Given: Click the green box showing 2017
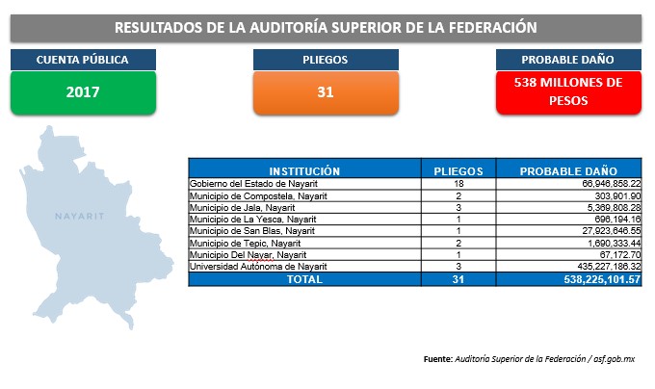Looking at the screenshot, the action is [x=83, y=92].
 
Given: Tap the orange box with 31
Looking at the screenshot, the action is [x=326, y=92].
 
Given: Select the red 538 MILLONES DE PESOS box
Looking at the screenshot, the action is [x=568, y=92].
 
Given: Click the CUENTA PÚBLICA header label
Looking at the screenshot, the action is [x=83, y=60].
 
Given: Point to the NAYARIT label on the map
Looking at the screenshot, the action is [x=79, y=216].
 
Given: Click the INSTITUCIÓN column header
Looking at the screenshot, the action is [x=304, y=171].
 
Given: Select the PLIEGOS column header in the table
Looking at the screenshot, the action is [x=458, y=171].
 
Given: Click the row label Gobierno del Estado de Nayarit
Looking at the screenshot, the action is [x=253, y=184].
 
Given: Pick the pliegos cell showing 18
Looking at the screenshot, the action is [x=458, y=184].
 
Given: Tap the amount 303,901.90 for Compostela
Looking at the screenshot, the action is [x=617, y=195].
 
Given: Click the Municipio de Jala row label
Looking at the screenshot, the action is [x=243, y=207].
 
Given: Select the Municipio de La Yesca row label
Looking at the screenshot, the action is [x=252, y=220].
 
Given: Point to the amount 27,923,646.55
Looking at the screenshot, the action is [x=612, y=231].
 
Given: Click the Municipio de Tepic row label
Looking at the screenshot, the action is [x=246, y=243].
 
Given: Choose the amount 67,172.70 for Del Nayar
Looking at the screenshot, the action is [x=620, y=254].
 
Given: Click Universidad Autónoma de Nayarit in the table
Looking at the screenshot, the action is [x=258, y=267].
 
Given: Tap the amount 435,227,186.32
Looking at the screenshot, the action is [x=609, y=267].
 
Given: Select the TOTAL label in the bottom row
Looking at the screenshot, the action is [x=304, y=279].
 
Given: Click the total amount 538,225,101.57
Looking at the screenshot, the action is [x=602, y=279].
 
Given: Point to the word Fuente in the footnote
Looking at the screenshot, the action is [x=437, y=359].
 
